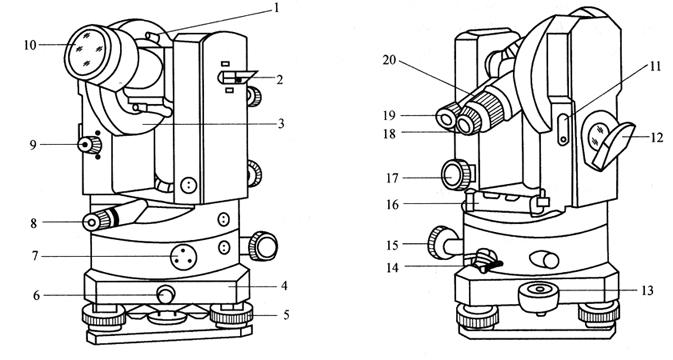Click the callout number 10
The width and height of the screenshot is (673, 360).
(x=30, y=45)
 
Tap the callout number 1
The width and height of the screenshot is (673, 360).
(x=276, y=8)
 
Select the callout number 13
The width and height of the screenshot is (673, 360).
(x=647, y=290)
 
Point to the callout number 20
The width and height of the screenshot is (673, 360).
(x=389, y=60)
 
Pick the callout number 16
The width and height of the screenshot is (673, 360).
(x=392, y=205)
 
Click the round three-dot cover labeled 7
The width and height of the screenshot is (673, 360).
(x=184, y=257)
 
